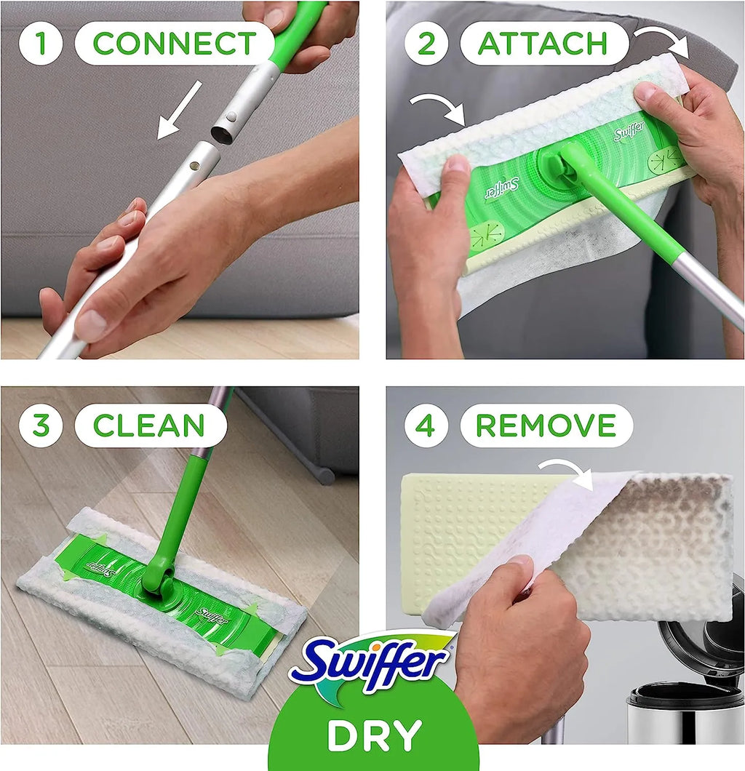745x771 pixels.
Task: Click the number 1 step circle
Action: click(x=41, y=43)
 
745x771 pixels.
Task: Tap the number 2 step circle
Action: click(x=426, y=43)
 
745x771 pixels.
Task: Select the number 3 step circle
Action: click(x=41, y=426)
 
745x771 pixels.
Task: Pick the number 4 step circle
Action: click(x=426, y=426)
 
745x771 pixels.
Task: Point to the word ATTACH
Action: click(x=543, y=44)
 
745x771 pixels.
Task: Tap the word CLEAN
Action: click(x=149, y=426)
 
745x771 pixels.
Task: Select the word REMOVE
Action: click(x=546, y=426)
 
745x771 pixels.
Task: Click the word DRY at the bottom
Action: click(x=374, y=735)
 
